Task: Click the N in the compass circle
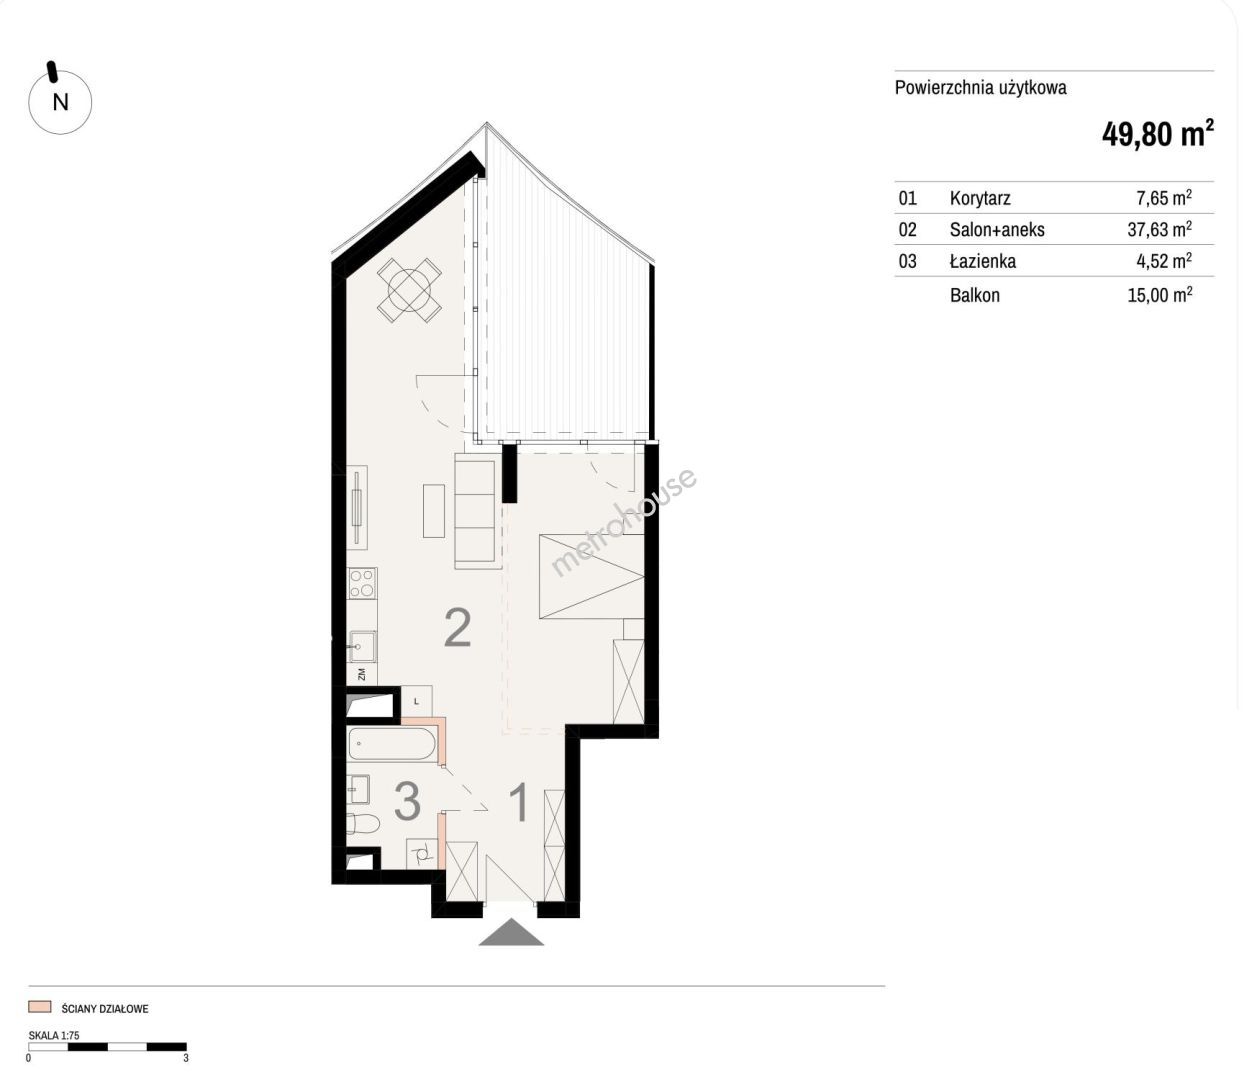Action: point(60,102)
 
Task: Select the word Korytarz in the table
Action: point(980,198)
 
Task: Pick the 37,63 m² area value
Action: point(1159,229)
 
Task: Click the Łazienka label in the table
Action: point(983,261)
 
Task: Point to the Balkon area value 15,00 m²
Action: point(1159,295)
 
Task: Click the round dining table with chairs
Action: point(409,290)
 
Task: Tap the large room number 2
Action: point(457,628)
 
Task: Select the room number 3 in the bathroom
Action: point(407,800)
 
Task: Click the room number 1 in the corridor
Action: point(519,802)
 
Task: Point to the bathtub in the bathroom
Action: point(392,744)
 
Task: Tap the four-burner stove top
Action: point(362,583)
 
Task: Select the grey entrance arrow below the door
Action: point(511,932)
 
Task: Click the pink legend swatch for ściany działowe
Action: point(40,1007)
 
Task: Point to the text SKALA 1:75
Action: point(54,1035)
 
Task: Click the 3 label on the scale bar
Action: point(185,1058)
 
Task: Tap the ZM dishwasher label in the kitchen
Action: point(362,674)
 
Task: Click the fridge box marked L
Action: point(417,701)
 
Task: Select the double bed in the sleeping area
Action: point(591,576)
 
